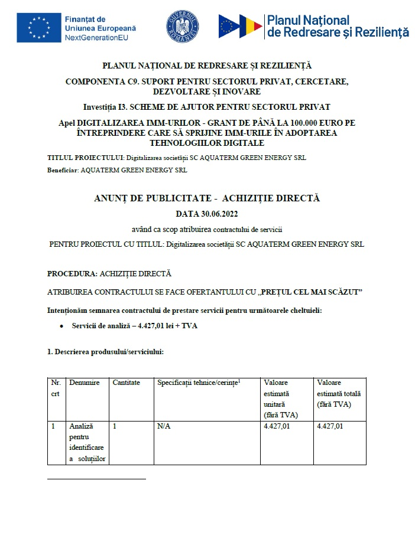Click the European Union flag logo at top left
click(38, 28)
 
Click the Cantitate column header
click(127, 383)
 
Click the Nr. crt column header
click(56, 388)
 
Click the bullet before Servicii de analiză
click(61, 326)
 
